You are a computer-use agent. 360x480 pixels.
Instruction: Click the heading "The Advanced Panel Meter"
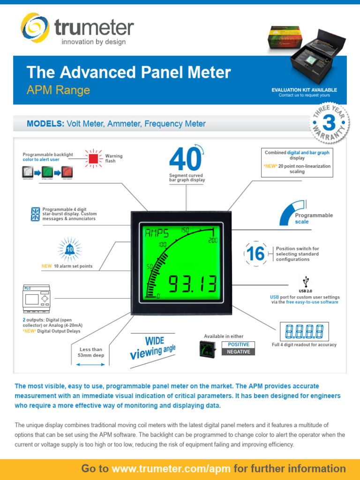tap(129, 72)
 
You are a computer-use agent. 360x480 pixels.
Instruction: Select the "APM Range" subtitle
tap(58, 90)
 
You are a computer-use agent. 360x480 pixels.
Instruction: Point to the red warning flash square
tap(93, 158)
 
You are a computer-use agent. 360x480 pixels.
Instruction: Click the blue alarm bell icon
tap(69, 250)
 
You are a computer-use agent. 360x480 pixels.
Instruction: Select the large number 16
tap(255, 254)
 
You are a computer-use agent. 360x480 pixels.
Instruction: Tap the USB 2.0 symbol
tap(306, 281)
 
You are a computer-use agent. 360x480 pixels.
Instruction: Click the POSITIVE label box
tap(238, 345)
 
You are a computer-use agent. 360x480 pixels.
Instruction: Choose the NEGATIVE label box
tap(238, 352)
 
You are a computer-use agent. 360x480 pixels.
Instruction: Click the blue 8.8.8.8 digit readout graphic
tap(304, 332)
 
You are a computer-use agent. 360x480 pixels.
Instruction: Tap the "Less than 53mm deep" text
tap(90, 352)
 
